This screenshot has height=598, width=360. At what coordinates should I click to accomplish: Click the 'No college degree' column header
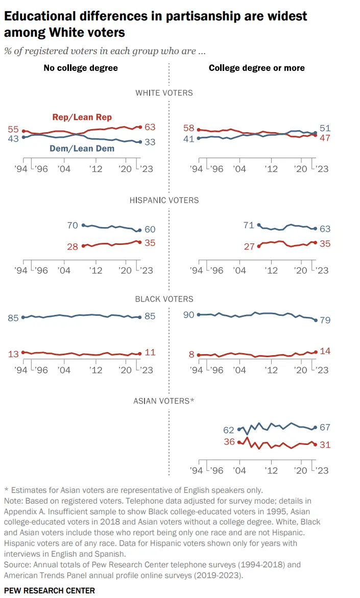(x=81, y=68)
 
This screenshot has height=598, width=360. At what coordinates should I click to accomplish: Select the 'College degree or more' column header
(x=256, y=68)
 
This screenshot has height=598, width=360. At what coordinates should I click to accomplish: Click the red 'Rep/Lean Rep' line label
(x=82, y=117)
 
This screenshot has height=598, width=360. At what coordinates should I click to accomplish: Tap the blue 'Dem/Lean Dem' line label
(x=82, y=148)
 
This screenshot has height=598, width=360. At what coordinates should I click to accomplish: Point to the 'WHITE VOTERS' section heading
(x=164, y=93)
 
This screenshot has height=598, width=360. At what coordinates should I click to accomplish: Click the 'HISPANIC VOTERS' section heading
(x=164, y=200)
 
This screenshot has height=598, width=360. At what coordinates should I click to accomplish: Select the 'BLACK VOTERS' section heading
(x=164, y=299)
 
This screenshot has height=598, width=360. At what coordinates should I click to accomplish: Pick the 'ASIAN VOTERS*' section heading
(x=164, y=401)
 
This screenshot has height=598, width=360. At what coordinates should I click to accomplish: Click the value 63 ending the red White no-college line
(x=150, y=127)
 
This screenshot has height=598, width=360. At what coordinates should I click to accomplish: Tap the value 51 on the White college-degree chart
(x=325, y=129)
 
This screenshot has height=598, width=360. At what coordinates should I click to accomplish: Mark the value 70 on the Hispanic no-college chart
(x=73, y=225)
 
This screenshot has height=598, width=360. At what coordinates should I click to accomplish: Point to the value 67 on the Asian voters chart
(x=325, y=427)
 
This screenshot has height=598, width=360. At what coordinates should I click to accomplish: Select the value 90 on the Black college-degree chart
(x=189, y=315)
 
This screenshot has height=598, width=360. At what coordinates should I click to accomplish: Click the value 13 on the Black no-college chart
(x=13, y=353)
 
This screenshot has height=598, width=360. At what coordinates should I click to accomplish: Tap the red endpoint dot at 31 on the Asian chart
(x=315, y=444)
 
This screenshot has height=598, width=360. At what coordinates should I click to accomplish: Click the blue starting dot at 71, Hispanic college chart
(x=259, y=225)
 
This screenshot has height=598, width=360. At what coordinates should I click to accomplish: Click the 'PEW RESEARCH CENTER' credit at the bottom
(x=50, y=590)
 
